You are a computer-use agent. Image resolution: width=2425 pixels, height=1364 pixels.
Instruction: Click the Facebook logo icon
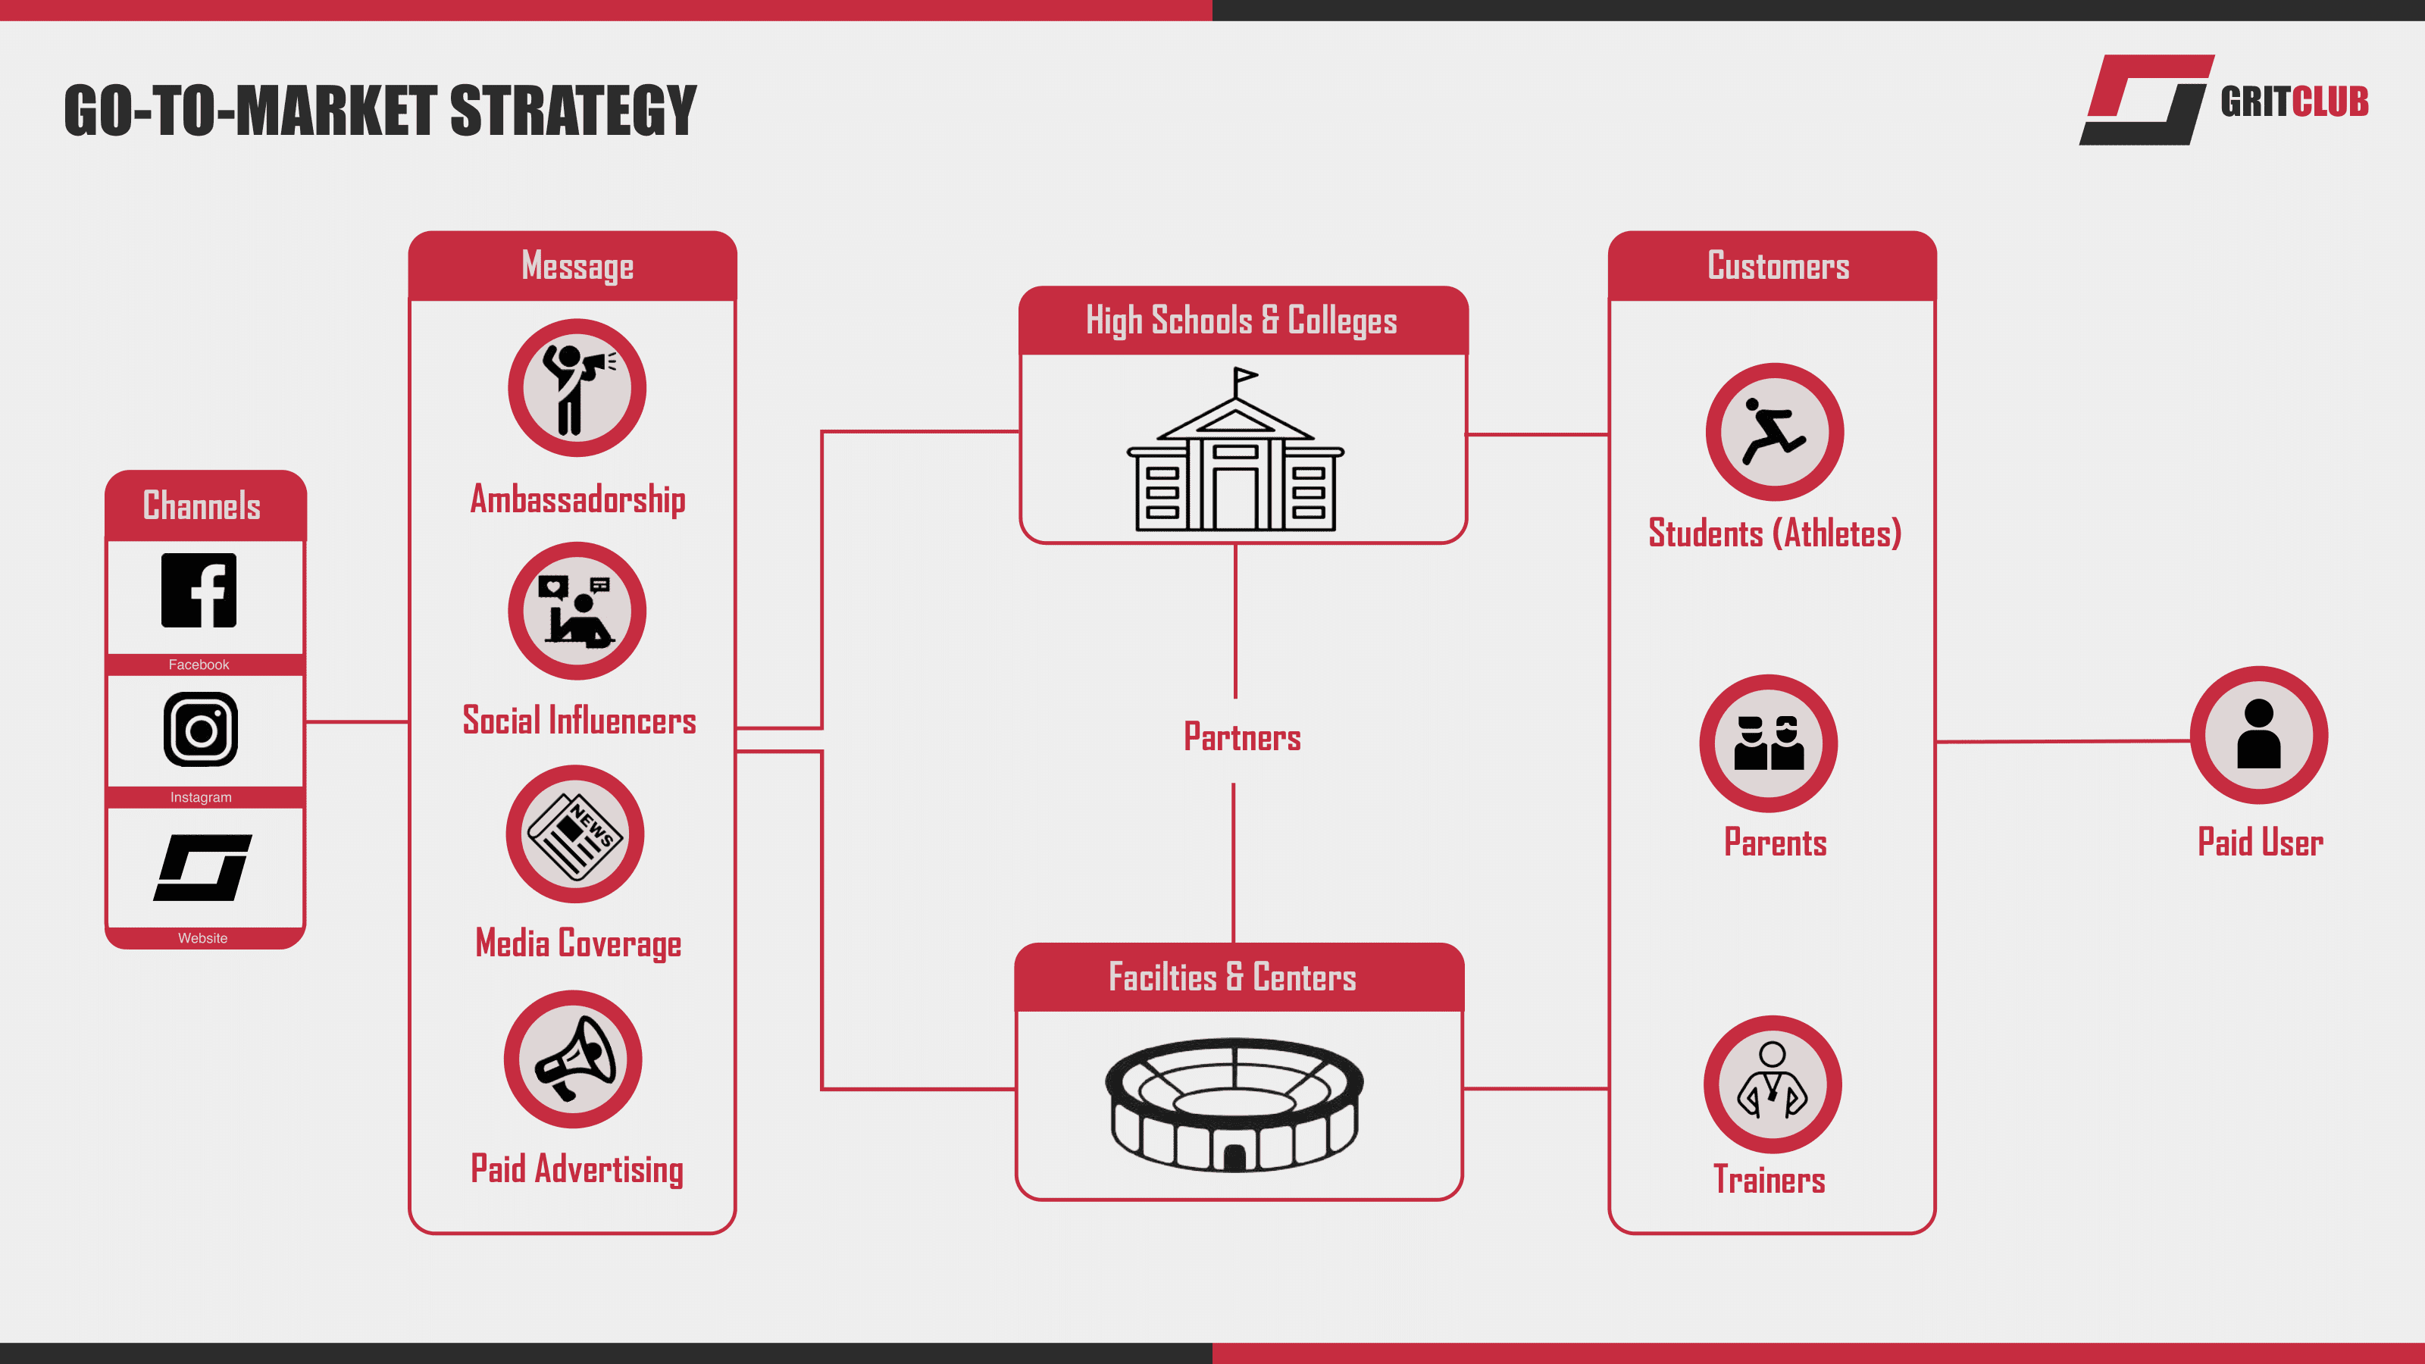tap(199, 590)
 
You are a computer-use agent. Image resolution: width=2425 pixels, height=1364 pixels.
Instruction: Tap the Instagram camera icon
tap(201, 730)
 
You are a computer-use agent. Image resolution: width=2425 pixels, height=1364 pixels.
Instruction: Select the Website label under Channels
tap(202, 937)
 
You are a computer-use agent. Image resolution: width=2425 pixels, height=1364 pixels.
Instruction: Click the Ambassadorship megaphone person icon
tap(576, 388)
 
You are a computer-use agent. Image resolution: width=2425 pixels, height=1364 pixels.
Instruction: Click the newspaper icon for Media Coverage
tap(575, 834)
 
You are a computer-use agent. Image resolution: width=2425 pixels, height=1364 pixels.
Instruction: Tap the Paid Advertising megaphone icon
tap(574, 1059)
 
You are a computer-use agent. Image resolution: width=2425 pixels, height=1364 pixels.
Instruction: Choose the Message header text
tap(577, 267)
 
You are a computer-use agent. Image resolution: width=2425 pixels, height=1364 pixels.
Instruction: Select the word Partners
tap(1242, 738)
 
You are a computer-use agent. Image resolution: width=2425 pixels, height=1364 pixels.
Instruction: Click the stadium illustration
tap(1234, 1104)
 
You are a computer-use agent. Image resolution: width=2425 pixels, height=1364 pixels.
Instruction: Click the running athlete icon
tap(1773, 432)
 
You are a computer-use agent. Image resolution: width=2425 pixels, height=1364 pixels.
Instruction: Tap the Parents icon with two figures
tap(1768, 743)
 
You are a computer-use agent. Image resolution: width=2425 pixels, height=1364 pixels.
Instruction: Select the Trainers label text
tap(1769, 1181)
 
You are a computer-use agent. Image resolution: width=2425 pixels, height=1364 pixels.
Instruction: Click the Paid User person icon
tap(2258, 735)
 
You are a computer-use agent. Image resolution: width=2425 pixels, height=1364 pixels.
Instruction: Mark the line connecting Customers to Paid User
tap(2061, 742)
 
